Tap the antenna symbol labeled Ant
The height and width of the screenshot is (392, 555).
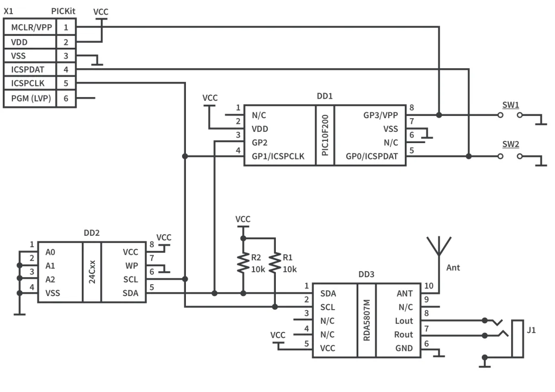coord(437,247)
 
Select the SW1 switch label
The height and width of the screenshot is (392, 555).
coord(510,105)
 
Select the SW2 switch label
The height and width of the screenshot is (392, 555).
coord(510,145)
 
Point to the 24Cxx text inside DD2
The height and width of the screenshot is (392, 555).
coord(92,272)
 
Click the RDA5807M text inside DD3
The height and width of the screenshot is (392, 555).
coord(366,320)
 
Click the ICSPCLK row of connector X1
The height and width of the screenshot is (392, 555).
coord(30,83)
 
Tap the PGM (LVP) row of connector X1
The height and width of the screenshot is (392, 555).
coord(30,98)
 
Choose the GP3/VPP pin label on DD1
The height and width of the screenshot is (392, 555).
coord(380,115)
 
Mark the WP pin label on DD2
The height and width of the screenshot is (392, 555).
coord(131,266)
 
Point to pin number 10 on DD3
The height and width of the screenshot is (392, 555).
coord(428,286)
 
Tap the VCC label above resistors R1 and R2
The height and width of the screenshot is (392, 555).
coord(243,219)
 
